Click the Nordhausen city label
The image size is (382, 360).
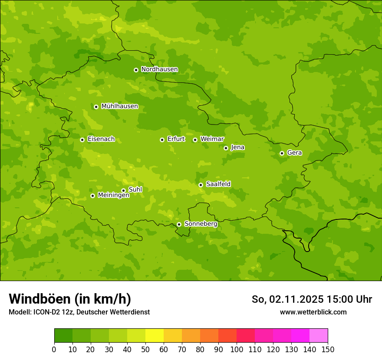click(159, 69)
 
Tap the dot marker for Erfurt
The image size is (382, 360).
click(162, 140)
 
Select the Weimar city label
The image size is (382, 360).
click(212, 139)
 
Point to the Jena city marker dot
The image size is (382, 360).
click(226, 148)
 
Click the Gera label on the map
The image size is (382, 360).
click(294, 153)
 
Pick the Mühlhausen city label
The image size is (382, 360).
click(119, 106)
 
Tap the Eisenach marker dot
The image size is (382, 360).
click(82, 140)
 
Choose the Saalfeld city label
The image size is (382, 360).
click(218, 184)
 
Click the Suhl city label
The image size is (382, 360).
click(135, 190)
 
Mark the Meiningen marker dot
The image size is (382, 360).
click(92, 196)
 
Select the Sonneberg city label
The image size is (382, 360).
click(201, 224)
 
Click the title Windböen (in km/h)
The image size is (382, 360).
click(70, 299)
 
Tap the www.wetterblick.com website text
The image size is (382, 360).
click(313, 312)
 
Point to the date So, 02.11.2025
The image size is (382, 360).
click(287, 299)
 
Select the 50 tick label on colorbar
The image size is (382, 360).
click(145, 349)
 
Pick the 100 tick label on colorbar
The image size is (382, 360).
click(237, 349)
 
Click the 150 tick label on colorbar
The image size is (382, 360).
click(327, 349)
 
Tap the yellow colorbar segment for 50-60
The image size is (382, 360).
click(155, 336)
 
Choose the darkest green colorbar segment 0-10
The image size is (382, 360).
click(63, 336)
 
